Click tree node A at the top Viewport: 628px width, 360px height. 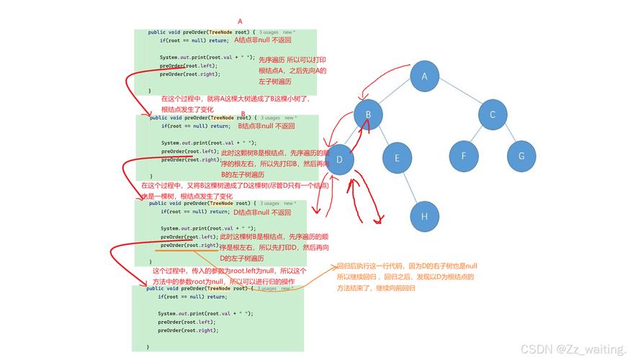425,76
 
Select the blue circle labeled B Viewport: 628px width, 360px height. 368,114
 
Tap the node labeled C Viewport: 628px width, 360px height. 493,114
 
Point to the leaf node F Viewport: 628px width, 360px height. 464,156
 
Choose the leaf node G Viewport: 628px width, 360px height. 521,156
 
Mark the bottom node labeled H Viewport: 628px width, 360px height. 425,217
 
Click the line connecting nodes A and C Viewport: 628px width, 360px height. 459,95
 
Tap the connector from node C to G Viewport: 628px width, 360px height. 507,135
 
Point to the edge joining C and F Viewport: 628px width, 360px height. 478,135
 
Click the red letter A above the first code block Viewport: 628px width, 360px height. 240,22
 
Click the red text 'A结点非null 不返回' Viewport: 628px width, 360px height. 262,40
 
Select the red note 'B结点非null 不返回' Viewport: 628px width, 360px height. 266,126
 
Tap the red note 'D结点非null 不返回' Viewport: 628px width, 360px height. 261,212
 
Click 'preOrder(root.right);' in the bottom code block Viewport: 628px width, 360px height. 188,330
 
